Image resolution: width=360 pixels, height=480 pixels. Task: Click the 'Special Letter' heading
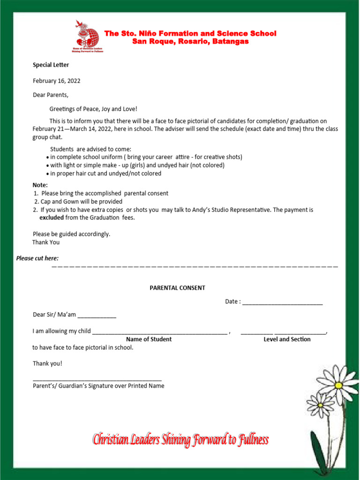[x=51, y=65]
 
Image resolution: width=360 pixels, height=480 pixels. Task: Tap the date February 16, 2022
[x=56, y=81]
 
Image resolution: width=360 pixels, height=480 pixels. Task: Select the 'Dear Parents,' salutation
[x=50, y=95]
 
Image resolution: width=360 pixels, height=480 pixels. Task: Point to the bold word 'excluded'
[x=52, y=217]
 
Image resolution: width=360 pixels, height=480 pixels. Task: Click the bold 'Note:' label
[x=40, y=185]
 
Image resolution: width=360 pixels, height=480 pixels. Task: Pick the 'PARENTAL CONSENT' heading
[x=177, y=288]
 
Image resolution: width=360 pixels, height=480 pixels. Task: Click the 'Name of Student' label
[x=149, y=339]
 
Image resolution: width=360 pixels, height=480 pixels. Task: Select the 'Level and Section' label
[x=287, y=339]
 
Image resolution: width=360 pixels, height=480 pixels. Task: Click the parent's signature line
[x=97, y=379]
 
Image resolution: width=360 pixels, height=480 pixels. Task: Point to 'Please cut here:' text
[x=37, y=258]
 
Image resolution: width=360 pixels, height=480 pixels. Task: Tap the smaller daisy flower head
[x=320, y=405]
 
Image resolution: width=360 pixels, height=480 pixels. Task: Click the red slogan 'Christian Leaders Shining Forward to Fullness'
[x=180, y=440]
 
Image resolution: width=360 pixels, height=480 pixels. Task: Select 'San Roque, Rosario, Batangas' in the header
[x=190, y=42]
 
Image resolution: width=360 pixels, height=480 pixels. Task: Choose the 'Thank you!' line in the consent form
[x=47, y=363]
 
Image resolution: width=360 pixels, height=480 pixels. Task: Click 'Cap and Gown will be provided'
[x=81, y=202]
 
